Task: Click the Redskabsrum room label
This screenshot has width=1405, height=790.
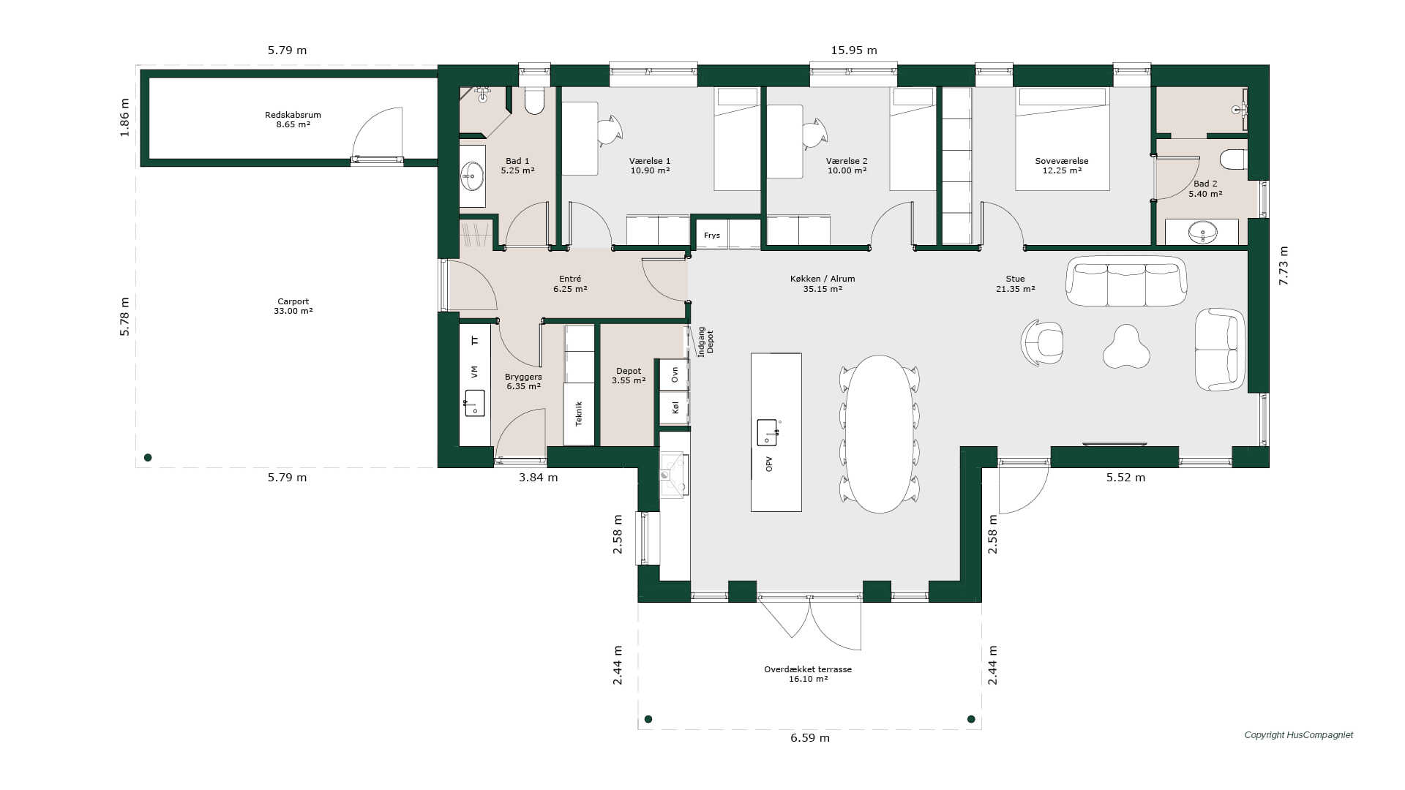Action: point(293,115)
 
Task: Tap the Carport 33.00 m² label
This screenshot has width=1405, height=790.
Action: point(293,306)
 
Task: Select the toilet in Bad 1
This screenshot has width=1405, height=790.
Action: point(534,101)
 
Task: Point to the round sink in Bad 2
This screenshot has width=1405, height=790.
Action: point(1202,233)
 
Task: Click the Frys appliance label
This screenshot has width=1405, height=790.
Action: point(712,236)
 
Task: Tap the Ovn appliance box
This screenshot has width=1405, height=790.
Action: point(674,375)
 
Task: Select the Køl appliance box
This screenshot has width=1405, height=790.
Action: point(674,407)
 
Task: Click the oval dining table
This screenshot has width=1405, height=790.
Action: point(880,434)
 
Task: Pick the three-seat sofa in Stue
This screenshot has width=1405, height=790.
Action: point(1126,281)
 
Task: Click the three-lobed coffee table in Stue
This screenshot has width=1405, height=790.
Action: point(1126,347)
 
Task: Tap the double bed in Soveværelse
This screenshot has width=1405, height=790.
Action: point(1062,139)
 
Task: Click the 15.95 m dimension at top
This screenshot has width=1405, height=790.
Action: point(853,50)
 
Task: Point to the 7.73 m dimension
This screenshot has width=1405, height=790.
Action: point(1284,266)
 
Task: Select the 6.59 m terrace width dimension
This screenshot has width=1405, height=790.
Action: point(809,738)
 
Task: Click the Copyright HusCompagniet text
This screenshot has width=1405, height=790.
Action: point(1299,735)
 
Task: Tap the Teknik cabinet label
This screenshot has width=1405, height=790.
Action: point(579,414)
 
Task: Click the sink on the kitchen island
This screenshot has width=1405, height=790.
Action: point(767,432)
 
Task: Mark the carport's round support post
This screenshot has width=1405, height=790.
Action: point(148,458)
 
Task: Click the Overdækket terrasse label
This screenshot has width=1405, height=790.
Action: point(808,669)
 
